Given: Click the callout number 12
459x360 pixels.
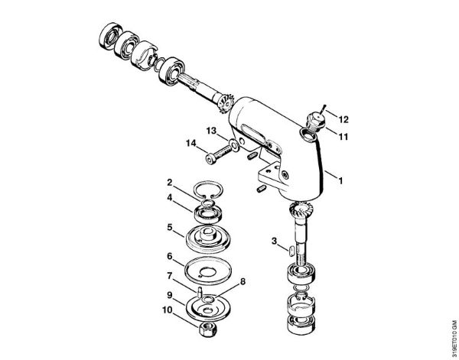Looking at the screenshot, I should pos(344,120).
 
